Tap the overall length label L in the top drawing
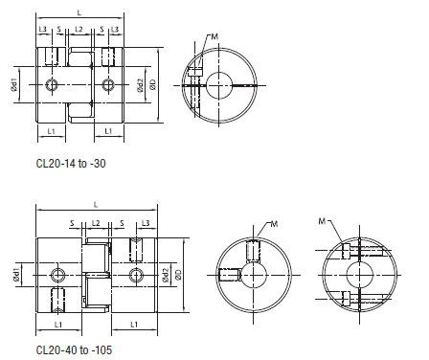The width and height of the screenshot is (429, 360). coord(79,10)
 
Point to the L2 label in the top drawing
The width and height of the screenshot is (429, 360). coord(79,30)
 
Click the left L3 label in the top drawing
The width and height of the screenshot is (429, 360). coord(44,30)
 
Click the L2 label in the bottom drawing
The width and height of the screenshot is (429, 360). coord(97,222)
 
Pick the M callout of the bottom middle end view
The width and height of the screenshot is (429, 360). coord(274,224)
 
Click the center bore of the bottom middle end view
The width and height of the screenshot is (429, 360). coord(257,276)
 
